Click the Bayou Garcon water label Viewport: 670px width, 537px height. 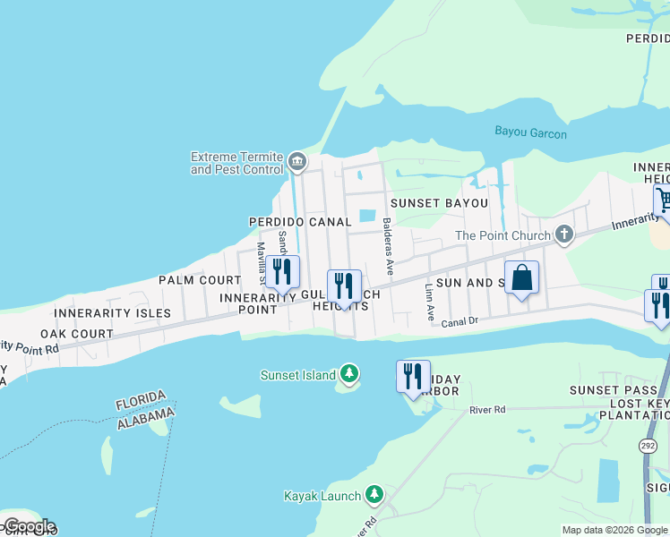click(531, 133)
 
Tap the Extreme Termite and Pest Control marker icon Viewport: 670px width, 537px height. click(297, 162)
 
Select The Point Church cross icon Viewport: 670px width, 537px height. click(563, 234)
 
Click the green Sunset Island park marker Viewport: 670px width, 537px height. click(348, 374)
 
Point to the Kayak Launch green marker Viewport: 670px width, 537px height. click(374, 494)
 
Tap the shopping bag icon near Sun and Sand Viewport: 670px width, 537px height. click(521, 277)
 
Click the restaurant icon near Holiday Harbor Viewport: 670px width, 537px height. click(413, 376)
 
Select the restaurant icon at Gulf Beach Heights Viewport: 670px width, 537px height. click(344, 286)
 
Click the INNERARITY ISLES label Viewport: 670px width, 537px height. click(112, 313)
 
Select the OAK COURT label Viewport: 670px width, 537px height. click(82, 334)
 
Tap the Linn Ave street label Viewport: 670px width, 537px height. click(429, 303)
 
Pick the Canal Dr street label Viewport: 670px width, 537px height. click(462, 321)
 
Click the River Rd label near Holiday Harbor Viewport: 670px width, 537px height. click(488, 410)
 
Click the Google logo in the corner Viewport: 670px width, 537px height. click(29, 526)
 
